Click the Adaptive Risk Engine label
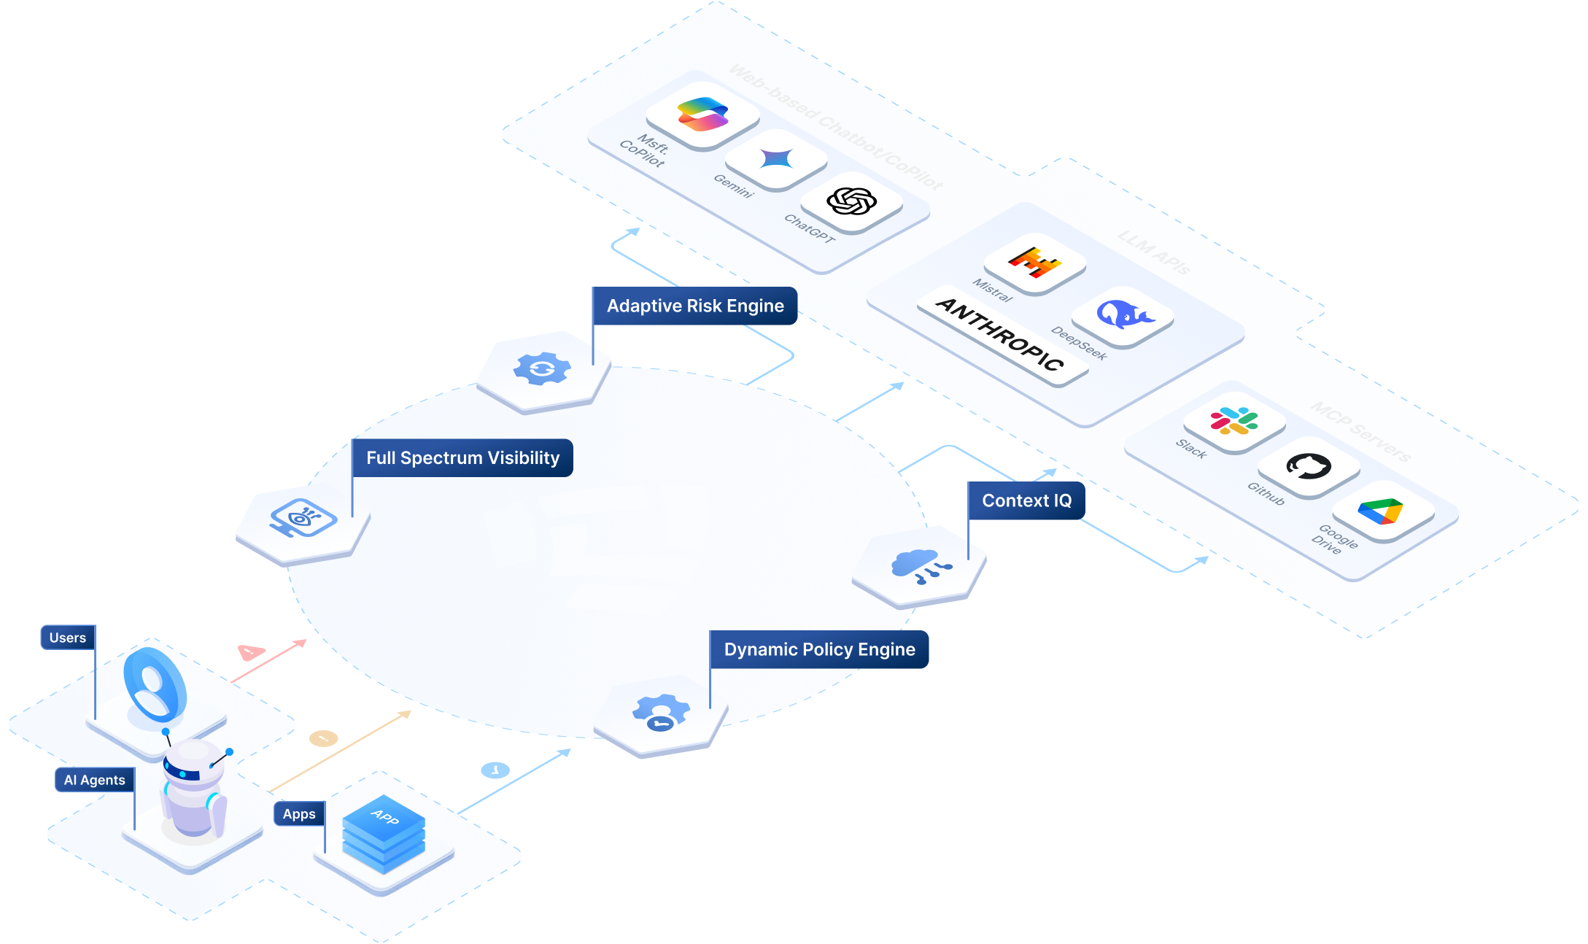pyautogui.click(x=694, y=306)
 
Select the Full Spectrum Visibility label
pyautogui.click(x=462, y=458)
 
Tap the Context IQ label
pyautogui.click(x=1026, y=500)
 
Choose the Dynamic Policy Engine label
pyautogui.click(x=819, y=649)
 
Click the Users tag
pyautogui.click(x=68, y=638)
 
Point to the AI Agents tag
pyautogui.click(x=95, y=780)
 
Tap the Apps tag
pyautogui.click(x=299, y=813)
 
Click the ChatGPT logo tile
pyautogui.click(x=851, y=201)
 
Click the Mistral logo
pyautogui.click(x=1034, y=262)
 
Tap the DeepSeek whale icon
pyautogui.click(x=1123, y=314)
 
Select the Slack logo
pyautogui.click(x=1233, y=422)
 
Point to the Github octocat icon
pyautogui.click(x=1309, y=465)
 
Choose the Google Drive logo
pyautogui.click(x=1381, y=511)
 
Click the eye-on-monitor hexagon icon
pyautogui.click(x=303, y=518)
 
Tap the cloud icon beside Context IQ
pyautogui.click(x=919, y=565)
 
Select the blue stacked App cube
pyautogui.click(x=384, y=835)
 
